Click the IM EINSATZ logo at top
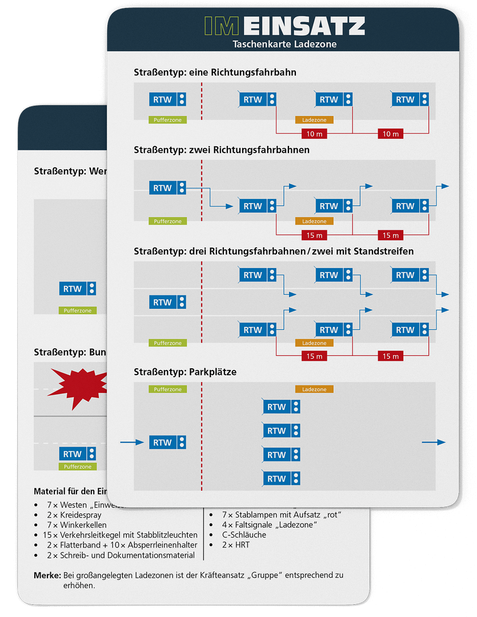(x=284, y=26)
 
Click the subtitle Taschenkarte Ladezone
(x=284, y=43)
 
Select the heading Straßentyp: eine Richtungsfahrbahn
(x=215, y=73)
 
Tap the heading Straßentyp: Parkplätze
(x=185, y=372)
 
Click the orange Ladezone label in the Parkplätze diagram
(x=314, y=389)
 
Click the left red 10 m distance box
(x=314, y=134)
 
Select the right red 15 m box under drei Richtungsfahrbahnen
(x=390, y=356)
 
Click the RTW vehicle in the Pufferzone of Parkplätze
(x=168, y=443)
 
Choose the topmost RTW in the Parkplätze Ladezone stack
(x=282, y=407)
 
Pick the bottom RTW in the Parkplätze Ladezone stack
(x=282, y=479)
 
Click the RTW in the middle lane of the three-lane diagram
(x=168, y=302)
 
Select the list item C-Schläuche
(x=244, y=535)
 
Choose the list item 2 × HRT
(x=236, y=545)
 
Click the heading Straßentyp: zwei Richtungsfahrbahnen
(x=222, y=150)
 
